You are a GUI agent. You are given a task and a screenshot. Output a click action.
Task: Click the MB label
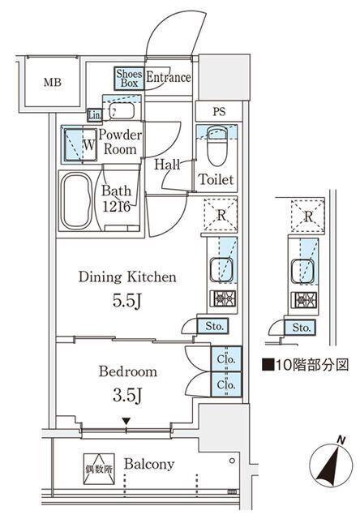[x=52, y=83]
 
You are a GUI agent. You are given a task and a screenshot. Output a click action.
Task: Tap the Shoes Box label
[x=128, y=78]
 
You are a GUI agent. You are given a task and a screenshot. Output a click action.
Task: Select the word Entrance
[x=168, y=78]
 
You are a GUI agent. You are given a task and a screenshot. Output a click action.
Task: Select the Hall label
[x=167, y=164]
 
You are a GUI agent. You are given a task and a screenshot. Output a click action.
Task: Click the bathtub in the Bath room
[x=79, y=199]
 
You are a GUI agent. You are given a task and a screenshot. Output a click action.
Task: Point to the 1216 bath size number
[x=117, y=207]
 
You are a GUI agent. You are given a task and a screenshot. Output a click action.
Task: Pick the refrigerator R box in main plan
[x=221, y=216]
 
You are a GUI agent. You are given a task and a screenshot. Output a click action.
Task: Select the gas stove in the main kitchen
[x=221, y=298]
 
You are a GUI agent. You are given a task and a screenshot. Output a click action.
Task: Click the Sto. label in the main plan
[x=215, y=327]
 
